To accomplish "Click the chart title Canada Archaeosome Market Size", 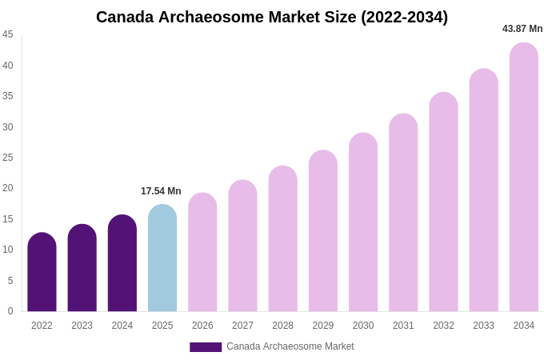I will click(272, 17).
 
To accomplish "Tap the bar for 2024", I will click(122, 263).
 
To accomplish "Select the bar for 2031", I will click(403, 213).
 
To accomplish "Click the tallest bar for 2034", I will click(524, 177).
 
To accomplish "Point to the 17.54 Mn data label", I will click(161, 191).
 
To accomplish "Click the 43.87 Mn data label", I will click(522, 29).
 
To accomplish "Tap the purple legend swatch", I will click(206, 347).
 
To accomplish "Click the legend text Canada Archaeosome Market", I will click(290, 346).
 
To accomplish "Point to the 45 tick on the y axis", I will click(8, 34).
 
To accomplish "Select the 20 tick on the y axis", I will click(8, 188).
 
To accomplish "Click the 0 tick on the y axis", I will click(10, 311).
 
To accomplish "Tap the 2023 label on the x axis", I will click(82, 326).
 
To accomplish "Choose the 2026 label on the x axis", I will click(202, 326).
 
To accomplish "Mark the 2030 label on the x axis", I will click(363, 326).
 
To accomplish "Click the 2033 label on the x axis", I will click(483, 326).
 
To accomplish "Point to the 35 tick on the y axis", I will click(8, 96).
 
